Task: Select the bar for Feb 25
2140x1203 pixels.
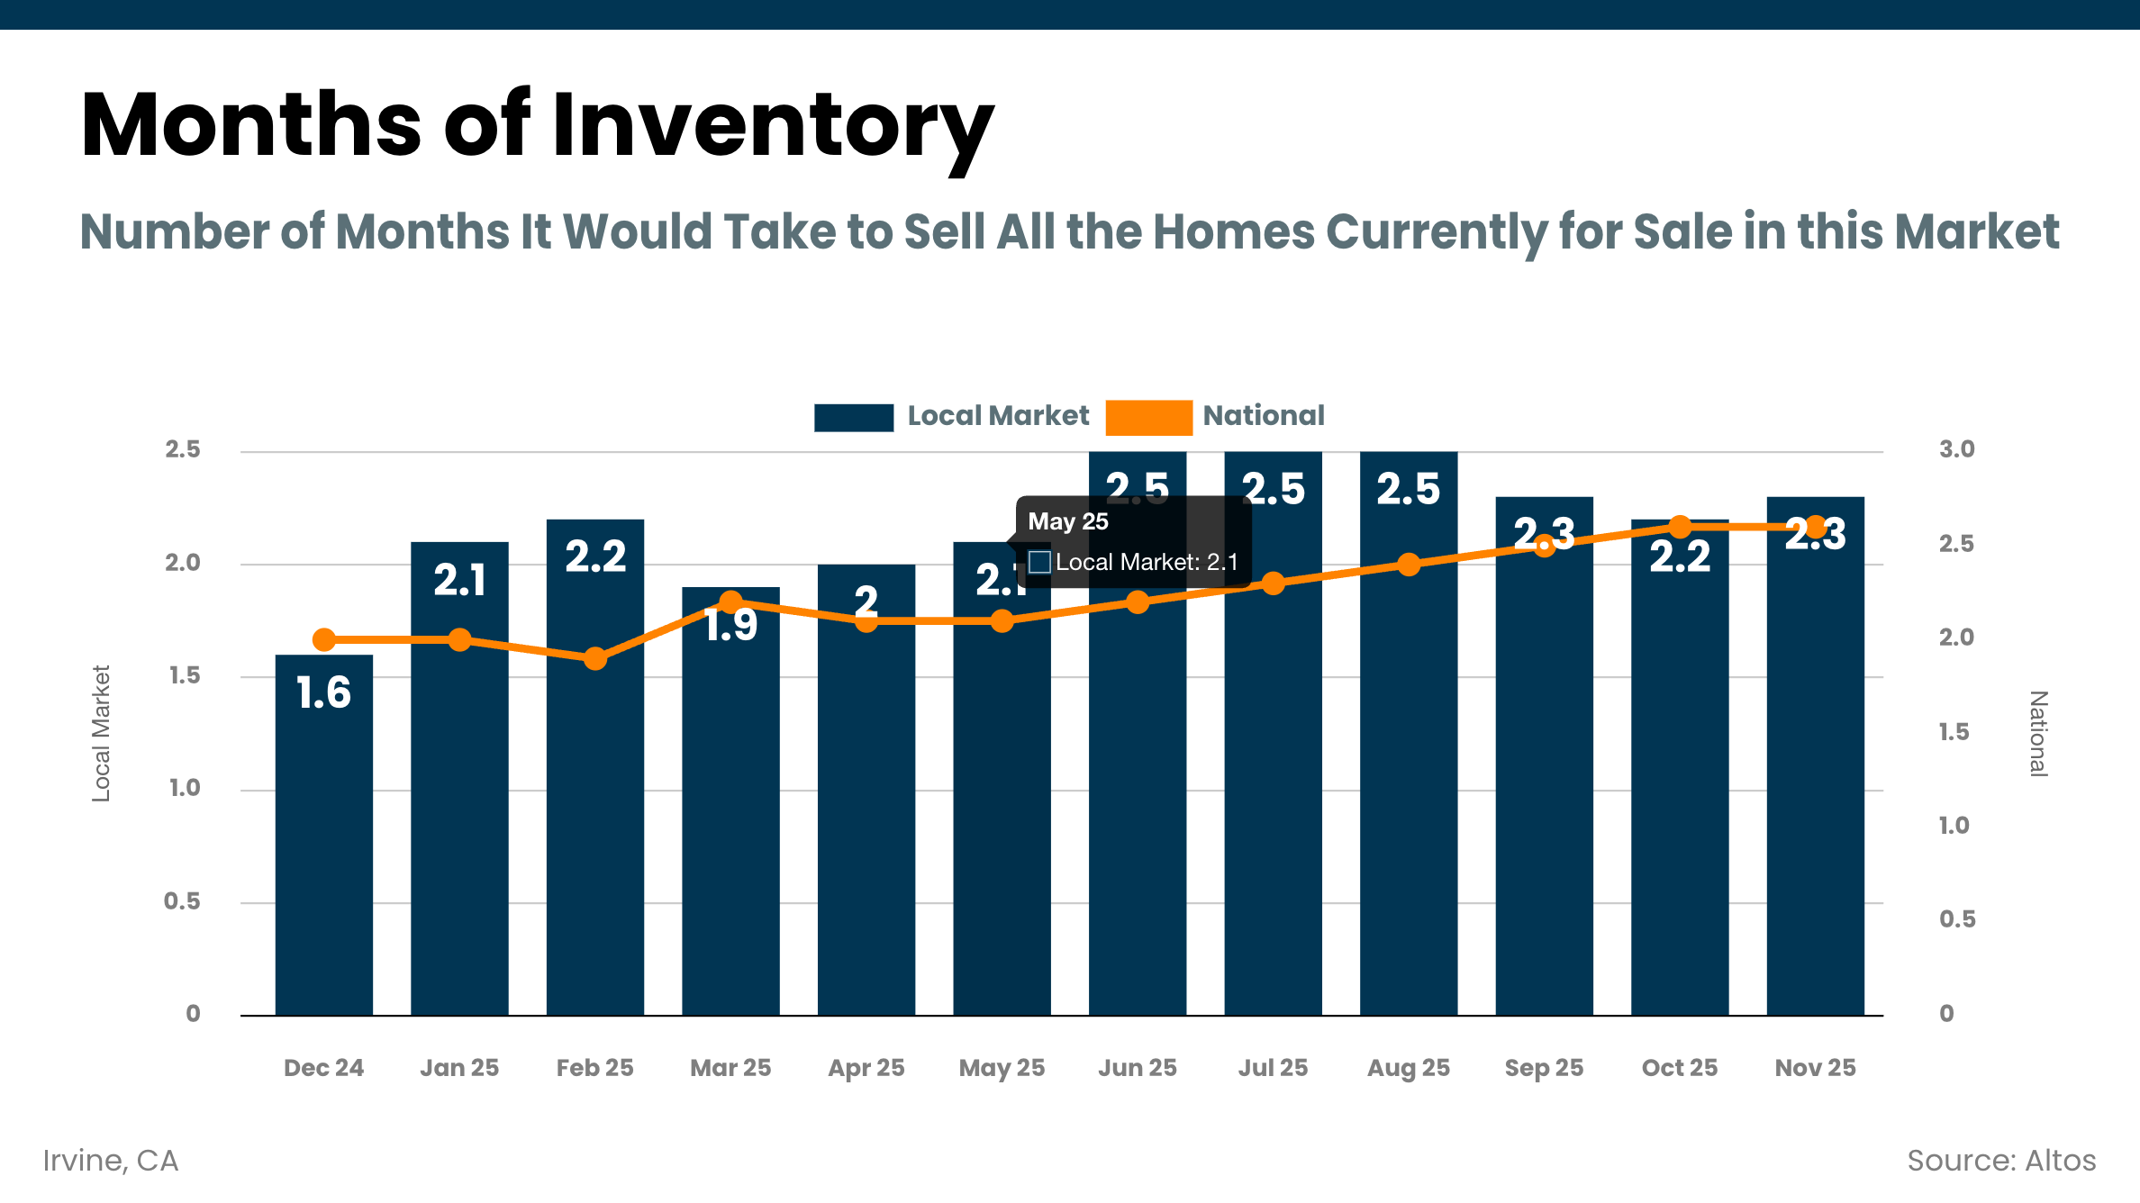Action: (x=594, y=810)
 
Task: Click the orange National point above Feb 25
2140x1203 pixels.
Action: (x=594, y=658)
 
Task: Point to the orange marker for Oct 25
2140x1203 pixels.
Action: (x=1680, y=527)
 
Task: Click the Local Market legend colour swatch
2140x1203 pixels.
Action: (x=853, y=417)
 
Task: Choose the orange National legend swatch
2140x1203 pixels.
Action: (x=1148, y=417)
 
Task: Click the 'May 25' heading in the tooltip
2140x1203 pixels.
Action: (x=1068, y=521)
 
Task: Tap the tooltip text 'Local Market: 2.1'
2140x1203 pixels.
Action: (x=1146, y=562)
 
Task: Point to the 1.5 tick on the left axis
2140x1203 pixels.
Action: (x=185, y=675)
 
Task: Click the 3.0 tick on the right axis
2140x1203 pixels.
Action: (x=1956, y=449)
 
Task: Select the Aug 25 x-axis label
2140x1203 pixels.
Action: (x=1408, y=1068)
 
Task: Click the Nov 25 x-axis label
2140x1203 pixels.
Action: (x=1815, y=1068)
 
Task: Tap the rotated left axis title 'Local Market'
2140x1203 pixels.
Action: (x=101, y=733)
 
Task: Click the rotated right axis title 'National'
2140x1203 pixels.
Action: (x=2038, y=733)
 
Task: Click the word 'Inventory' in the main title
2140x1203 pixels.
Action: (x=773, y=126)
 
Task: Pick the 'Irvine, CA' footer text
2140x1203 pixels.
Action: (x=111, y=1161)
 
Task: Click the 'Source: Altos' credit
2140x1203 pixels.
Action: (x=2001, y=1161)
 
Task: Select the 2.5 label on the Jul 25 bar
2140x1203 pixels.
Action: (x=1273, y=489)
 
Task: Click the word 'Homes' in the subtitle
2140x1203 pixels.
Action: (x=1233, y=232)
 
